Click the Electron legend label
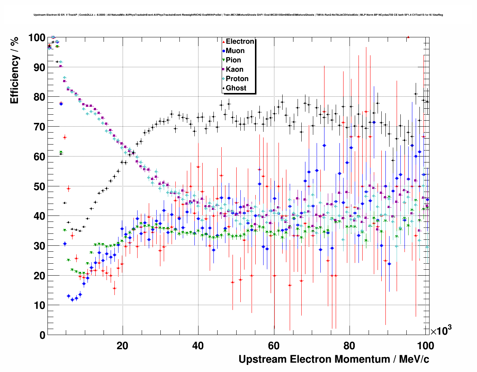tap(240, 41)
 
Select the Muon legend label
tap(235, 51)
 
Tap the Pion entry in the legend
tap(233, 60)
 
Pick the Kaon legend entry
tap(234, 69)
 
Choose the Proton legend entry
tap(237, 79)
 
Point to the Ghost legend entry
tap(236, 88)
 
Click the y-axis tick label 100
tap(37, 38)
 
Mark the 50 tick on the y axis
tap(39, 186)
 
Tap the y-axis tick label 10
tap(39, 306)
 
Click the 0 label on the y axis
tap(42, 335)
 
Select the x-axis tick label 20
tap(122, 346)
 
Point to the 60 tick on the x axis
tap(274, 346)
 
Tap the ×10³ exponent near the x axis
tap(441, 331)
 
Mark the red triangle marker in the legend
tap(224, 41)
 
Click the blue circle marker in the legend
tap(224, 51)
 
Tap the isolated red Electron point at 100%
tap(408, 37)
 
